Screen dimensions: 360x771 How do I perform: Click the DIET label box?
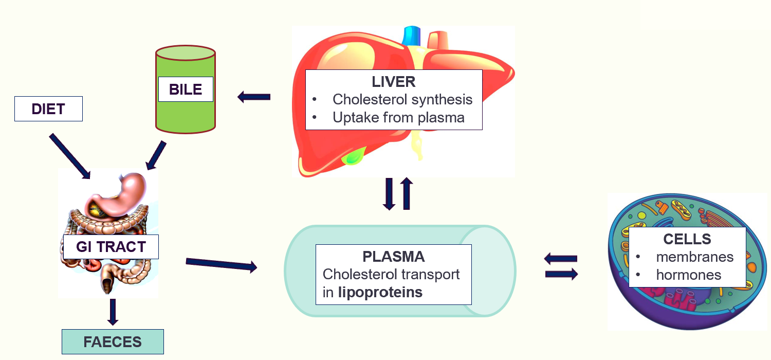[48, 109]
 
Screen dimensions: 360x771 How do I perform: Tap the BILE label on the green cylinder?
[186, 89]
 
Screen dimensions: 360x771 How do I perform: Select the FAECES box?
[113, 342]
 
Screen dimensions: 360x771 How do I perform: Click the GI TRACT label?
[111, 247]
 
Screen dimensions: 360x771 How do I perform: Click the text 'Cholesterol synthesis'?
[402, 99]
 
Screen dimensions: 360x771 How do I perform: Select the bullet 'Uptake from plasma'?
[398, 117]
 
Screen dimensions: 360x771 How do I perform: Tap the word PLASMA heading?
[393, 257]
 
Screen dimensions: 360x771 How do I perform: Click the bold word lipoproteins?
[380, 293]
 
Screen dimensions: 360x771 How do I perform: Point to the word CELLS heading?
[687, 239]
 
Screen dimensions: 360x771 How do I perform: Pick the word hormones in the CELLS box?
[689, 275]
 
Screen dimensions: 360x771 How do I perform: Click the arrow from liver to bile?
[254, 97]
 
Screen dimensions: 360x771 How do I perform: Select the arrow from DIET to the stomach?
[70, 156]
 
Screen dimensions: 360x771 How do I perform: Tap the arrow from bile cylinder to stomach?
[156, 155]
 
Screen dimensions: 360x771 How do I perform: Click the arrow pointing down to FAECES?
[113, 312]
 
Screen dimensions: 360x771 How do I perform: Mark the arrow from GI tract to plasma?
[221, 264]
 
